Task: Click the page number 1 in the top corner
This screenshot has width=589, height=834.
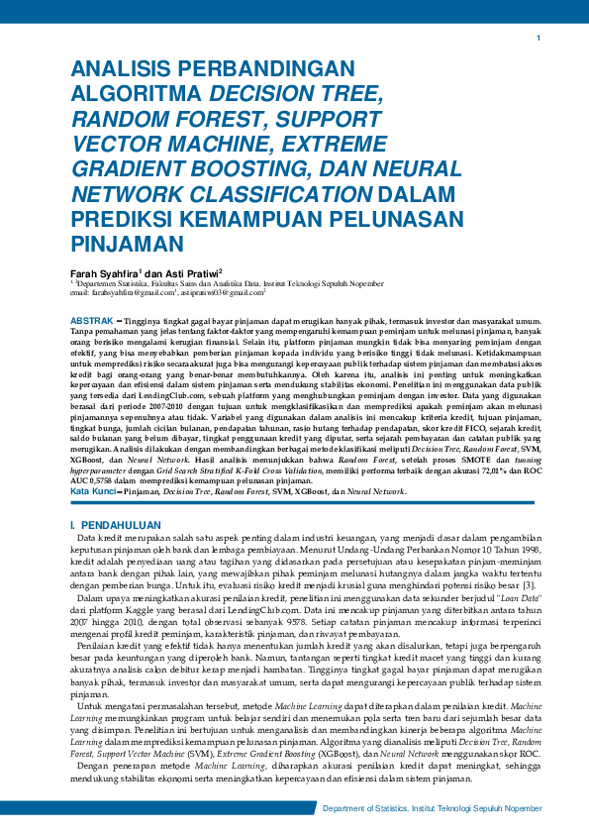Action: coord(538,39)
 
